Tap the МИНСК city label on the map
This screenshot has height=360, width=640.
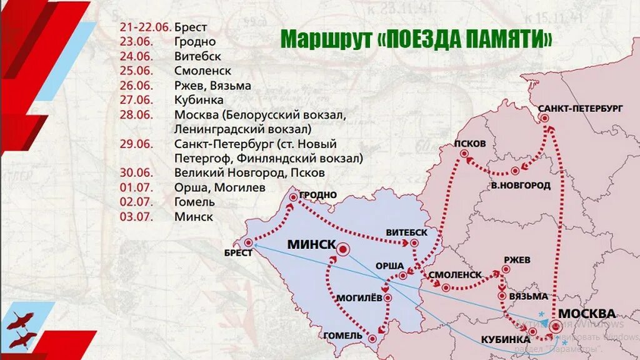311,244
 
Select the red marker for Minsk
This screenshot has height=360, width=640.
342,251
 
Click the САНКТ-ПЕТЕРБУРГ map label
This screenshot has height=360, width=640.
581,108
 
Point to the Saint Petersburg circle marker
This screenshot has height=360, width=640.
544,118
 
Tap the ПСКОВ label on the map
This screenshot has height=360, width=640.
471,143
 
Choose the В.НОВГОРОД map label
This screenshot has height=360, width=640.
520,185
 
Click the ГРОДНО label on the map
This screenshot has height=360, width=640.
318,195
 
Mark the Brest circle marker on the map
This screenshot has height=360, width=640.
248,242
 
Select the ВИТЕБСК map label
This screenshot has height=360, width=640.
407,232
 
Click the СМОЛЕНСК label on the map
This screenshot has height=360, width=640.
455,274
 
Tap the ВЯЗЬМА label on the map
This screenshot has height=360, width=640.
528,296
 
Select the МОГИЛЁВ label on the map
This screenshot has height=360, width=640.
359,298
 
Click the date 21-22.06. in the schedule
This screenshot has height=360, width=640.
145,27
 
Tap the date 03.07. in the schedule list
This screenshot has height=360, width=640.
136,217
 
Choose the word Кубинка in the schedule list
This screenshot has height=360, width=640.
199,100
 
